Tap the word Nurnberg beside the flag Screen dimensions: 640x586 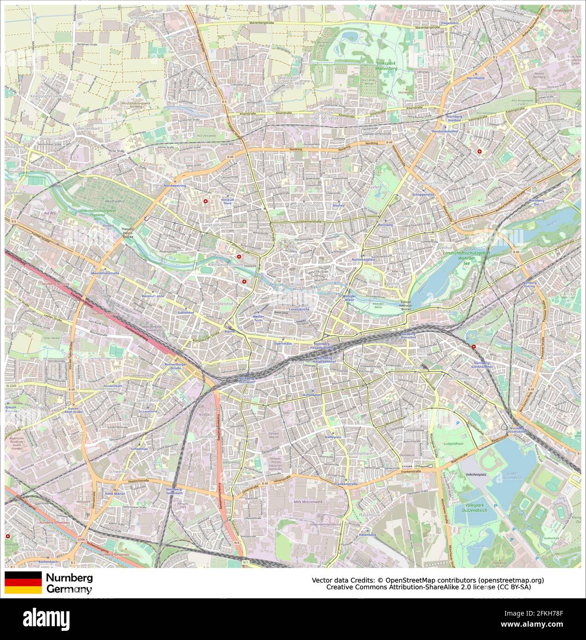67,578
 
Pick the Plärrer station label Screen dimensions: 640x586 230,331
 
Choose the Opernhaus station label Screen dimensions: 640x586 283,343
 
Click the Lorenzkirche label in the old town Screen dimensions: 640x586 299,310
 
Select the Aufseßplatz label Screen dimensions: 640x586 312,395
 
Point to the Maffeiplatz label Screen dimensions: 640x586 333,436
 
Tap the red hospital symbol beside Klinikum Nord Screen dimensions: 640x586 205,202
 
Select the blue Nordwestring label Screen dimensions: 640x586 174,186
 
